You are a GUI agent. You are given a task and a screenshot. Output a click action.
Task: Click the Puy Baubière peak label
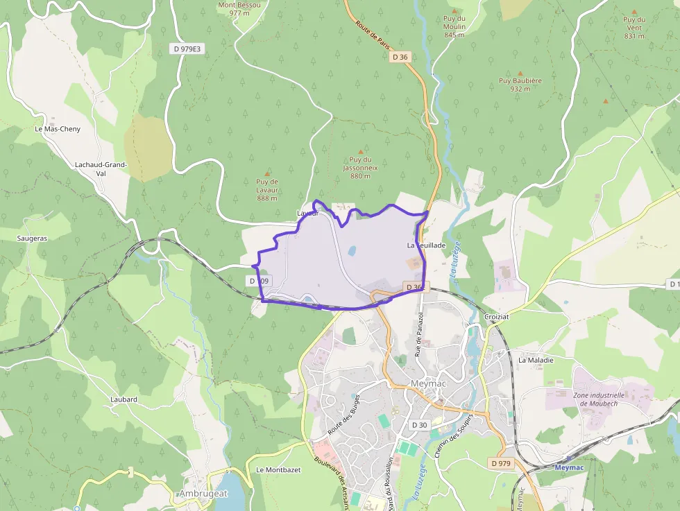pyautogui.click(x=520, y=85)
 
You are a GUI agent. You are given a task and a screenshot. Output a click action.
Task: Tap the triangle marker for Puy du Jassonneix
pyautogui.click(x=360, y=151)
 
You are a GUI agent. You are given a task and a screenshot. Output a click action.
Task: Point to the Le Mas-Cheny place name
pyautogui.click(x=58, y=129)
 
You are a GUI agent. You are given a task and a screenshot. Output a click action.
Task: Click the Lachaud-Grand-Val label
pyautogui.click(x=101, y=168)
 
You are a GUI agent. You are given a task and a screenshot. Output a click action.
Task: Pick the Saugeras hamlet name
pyautogui.click(x=32, y=238)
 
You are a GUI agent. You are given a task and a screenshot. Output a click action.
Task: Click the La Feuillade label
pyautogui.click(x=426, y=245)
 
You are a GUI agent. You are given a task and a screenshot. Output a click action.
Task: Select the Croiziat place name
pyautogui.click(x=498, y=316)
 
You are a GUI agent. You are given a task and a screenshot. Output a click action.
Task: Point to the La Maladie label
pyautogui.click(x=536, y=360)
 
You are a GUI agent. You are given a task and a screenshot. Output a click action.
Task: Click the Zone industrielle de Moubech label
pyautogui.click(x=599, y=399)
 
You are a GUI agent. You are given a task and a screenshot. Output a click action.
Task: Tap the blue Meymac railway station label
pyautogui.click(x=571, y=467)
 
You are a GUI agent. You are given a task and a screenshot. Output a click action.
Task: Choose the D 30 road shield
pyautogui.click(x=420, y=424)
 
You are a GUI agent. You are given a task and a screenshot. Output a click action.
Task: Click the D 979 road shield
pyautogui.click(x=500, y=462)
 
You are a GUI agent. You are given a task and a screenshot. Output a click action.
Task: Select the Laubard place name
pyautogui.click(x=124, y=399)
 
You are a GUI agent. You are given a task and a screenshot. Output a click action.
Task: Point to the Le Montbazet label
pyautogui.click(x=278, y=469)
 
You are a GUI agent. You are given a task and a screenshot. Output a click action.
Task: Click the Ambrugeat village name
pyautogui.click(x=203, y=494)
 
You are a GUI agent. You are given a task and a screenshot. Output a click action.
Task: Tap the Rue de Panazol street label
pyautogui.click(x=419, y=334)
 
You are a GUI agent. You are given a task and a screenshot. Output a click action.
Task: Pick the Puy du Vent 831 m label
pyautogui.click(x=634, y=28)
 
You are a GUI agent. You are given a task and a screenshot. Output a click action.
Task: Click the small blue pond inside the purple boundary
pyautogui.click(x=352, y=251)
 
